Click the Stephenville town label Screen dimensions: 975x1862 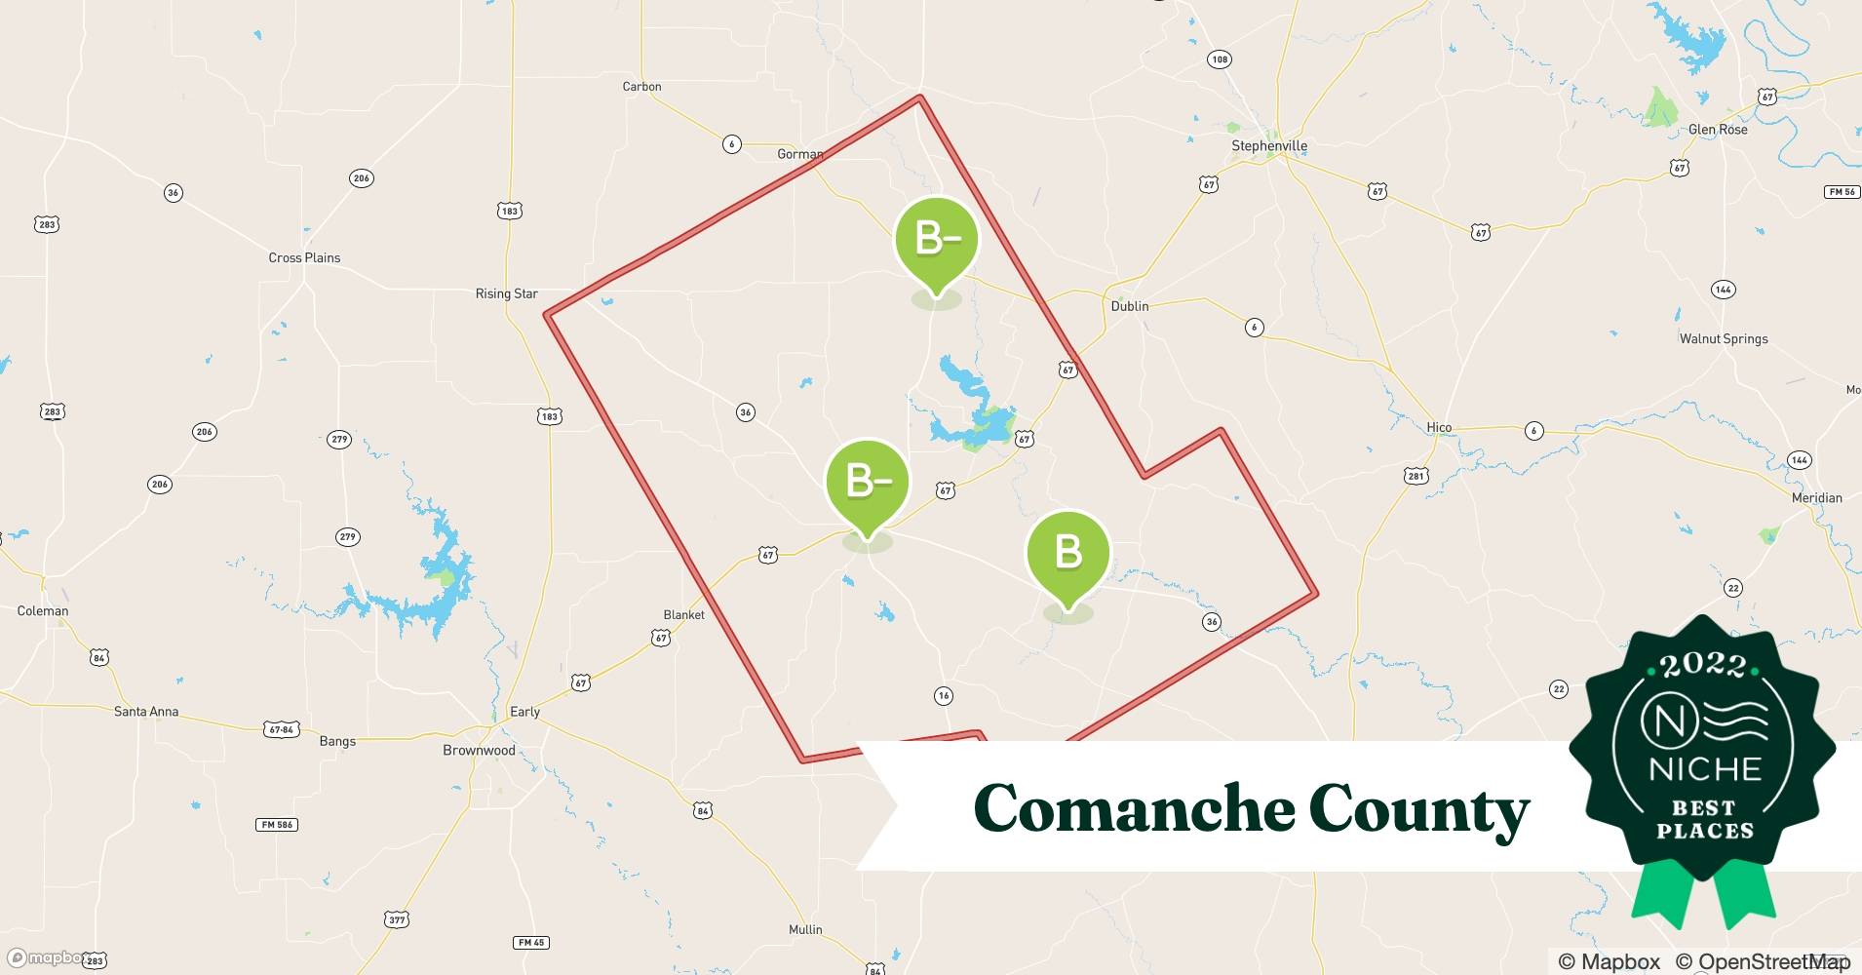point(1268,146)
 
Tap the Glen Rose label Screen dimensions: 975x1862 point(1718,130)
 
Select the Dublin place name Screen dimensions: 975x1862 point(1130,306)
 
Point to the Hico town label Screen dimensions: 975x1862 point(1439,428)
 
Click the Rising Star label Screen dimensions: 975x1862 point(506,293)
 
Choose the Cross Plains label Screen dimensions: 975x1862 point(304,258)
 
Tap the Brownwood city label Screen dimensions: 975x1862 point(479,751)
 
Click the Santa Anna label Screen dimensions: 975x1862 point(146,712)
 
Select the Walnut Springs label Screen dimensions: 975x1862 point(1723,339)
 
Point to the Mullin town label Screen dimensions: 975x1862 point(805,930)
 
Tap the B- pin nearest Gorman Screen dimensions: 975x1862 point(936,240)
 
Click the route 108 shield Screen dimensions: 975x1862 point(1219,59)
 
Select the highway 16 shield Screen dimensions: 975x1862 point(943,696)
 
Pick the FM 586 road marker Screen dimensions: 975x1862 point(277,825)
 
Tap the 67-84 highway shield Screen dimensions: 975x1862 point(281,729)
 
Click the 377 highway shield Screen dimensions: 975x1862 point(397,919)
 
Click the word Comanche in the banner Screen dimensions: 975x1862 point(1131,809)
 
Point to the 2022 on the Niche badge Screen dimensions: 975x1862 point(1703,666)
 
